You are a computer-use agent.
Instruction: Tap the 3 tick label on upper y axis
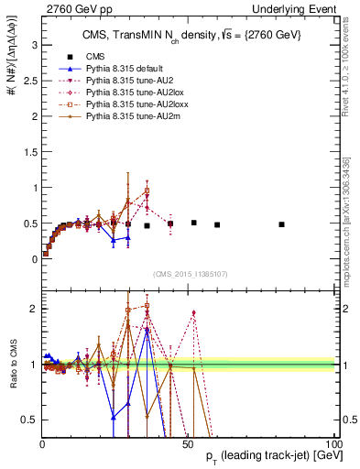pyautogui.click(x=34, y=44)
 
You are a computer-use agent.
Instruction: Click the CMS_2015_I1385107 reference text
pyautogui.click(x=189, y=275)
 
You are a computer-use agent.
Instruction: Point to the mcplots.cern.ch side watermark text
pyautogui.click(x=352, y=211)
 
